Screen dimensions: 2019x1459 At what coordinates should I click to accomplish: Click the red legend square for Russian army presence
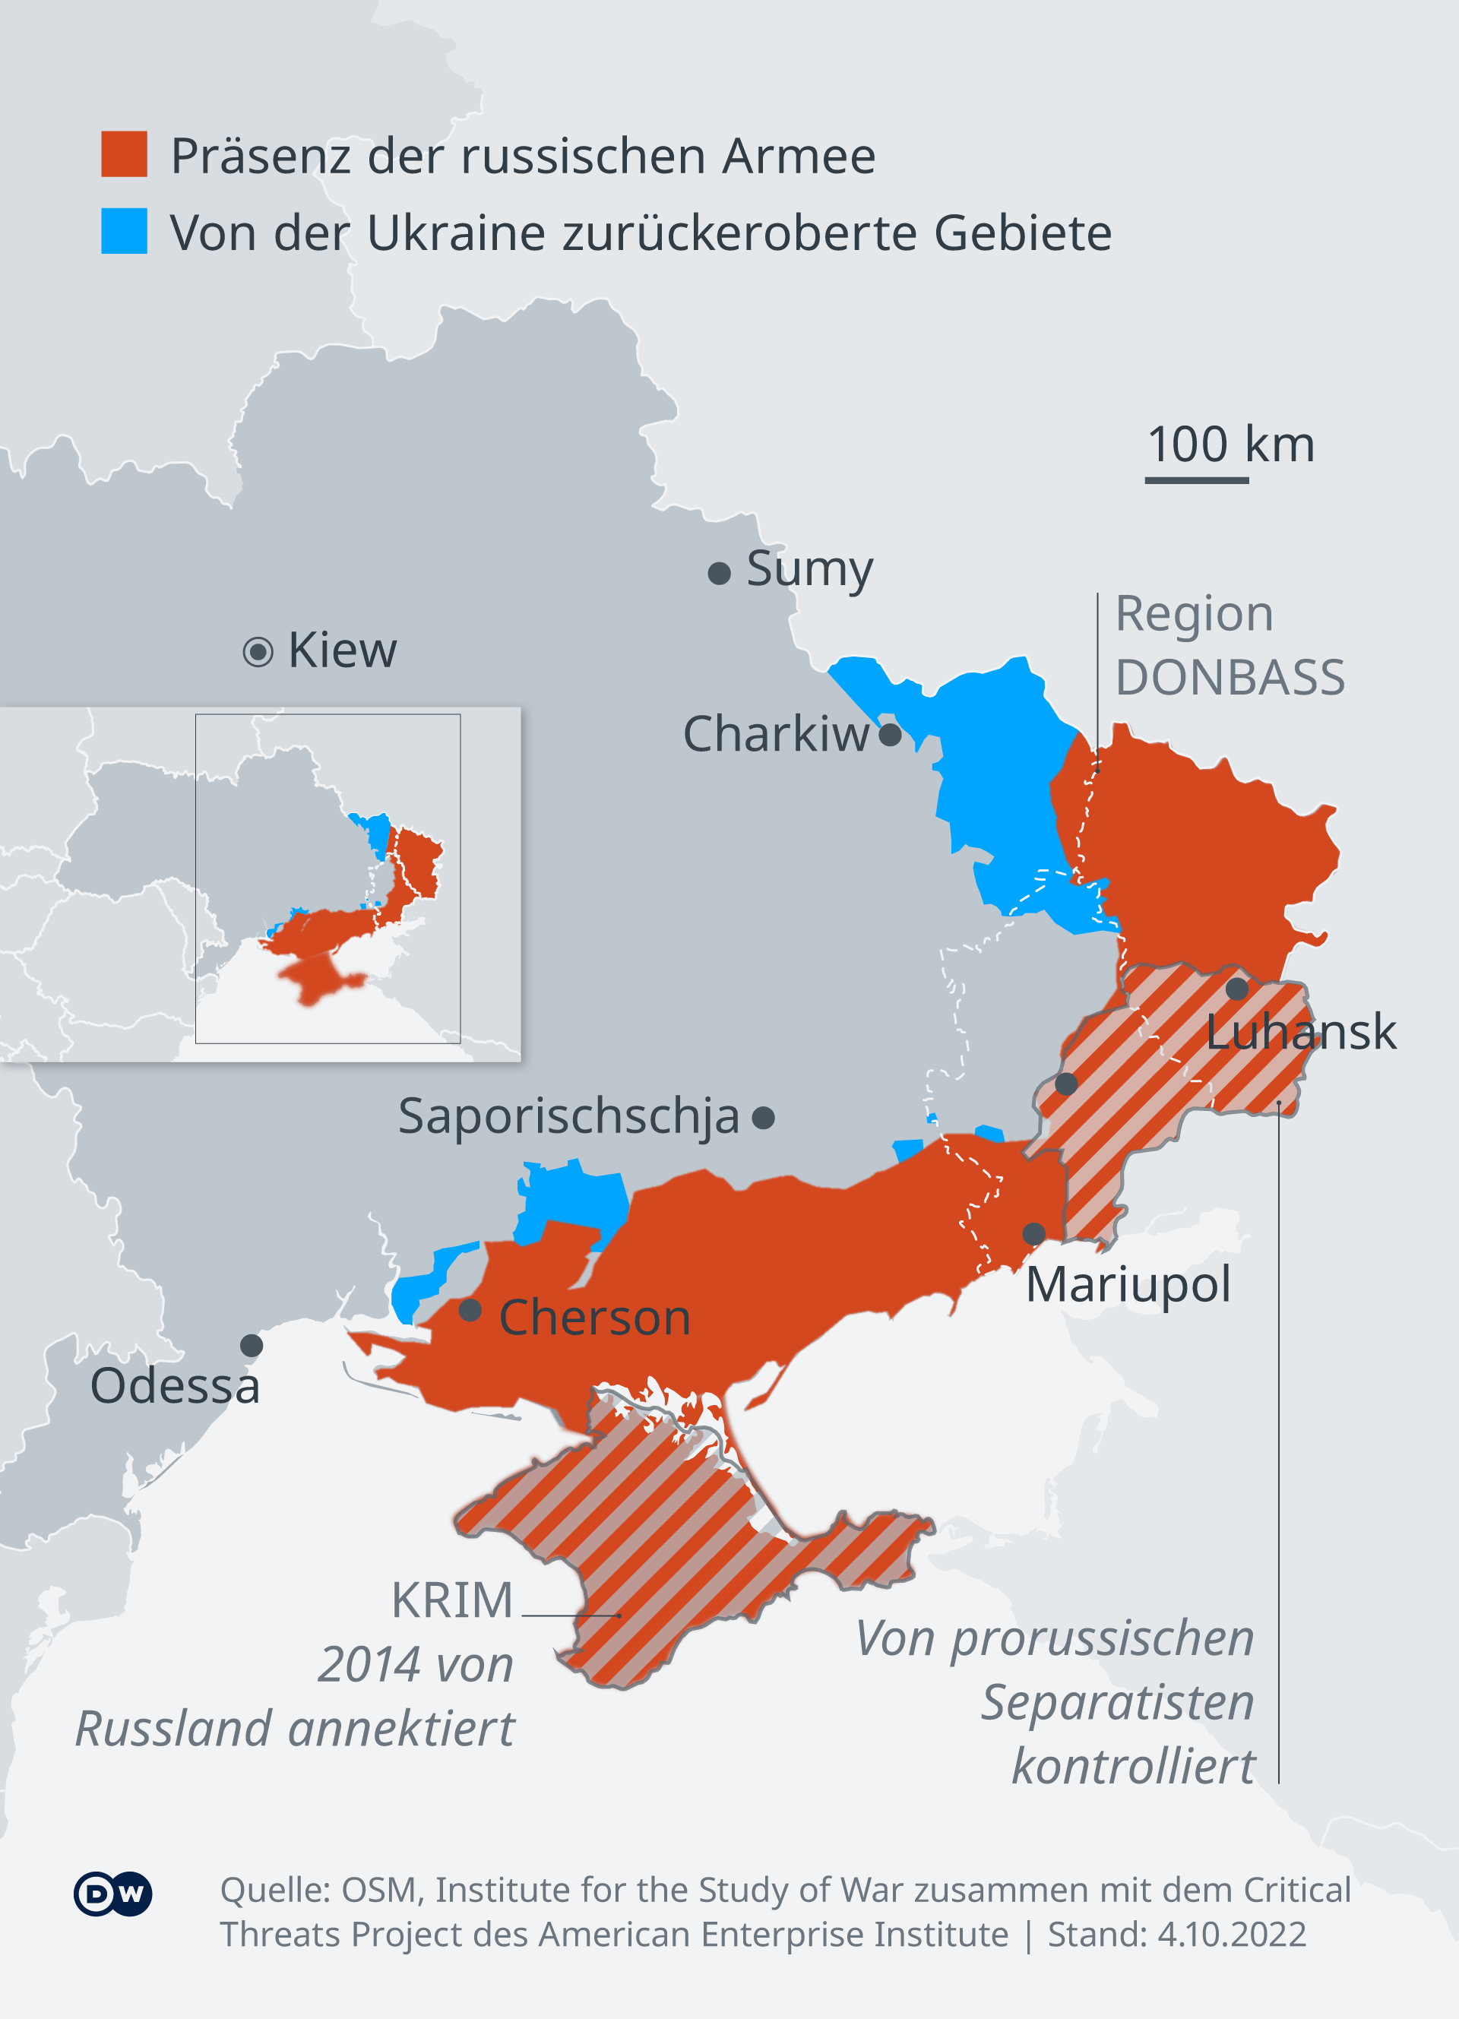pos(124,154)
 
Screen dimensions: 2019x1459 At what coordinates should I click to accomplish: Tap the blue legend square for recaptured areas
pos(124,232)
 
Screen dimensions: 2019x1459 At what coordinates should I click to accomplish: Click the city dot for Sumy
pos(720,573)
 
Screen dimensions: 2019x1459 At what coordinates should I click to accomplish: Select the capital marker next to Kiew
pos(258,653)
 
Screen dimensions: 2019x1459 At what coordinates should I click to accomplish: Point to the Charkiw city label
pos(775,735)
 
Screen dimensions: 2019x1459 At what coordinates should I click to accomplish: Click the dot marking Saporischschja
pos(763,1117)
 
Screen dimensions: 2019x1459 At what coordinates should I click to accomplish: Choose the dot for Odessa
pos(252,1345)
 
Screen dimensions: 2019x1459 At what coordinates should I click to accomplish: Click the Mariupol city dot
pos(1033,1234)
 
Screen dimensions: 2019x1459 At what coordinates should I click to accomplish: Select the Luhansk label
pos(1300,1032)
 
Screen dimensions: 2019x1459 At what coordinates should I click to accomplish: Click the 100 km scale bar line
pos(1196,481)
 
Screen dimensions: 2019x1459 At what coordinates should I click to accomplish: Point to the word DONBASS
pos(1230,678)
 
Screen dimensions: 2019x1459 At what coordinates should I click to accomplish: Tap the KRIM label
pos(452,1600)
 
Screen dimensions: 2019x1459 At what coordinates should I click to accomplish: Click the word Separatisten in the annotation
pos(1117,1702)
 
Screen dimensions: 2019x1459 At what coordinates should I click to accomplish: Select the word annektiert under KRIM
pos(401,1728)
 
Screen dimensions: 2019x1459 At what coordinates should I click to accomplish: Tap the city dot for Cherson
pos(470,1310)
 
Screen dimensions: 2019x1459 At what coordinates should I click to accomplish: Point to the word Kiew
pos(343,650)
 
